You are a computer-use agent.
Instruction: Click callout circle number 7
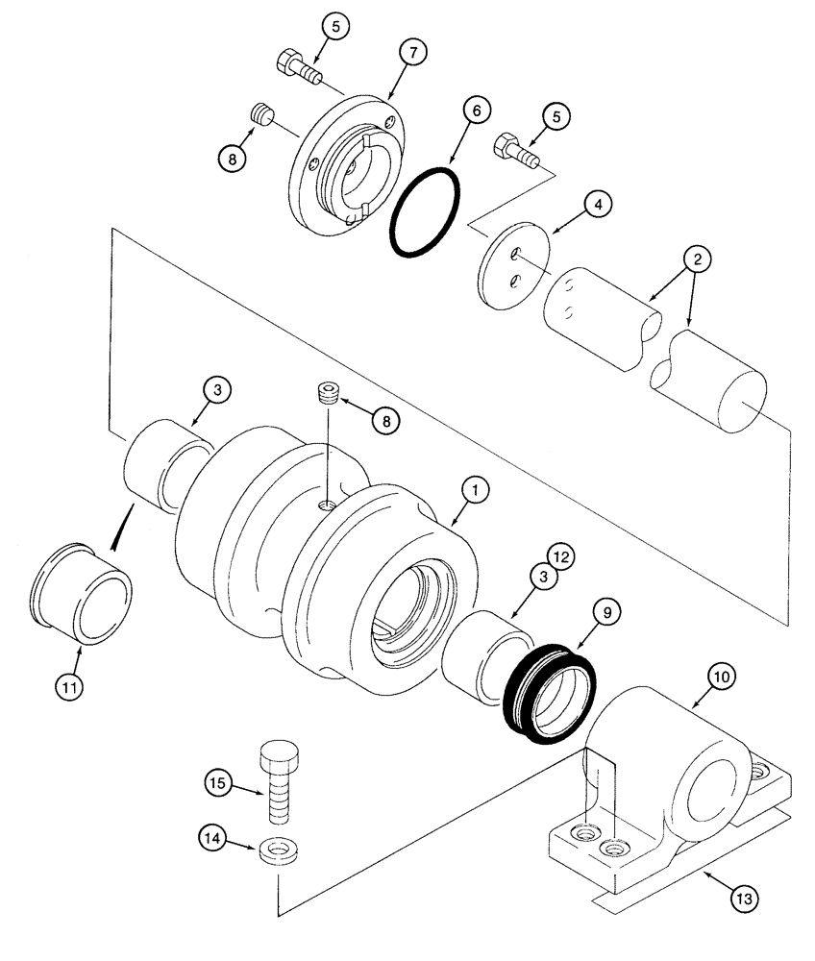410,54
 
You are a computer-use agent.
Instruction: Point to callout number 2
698,259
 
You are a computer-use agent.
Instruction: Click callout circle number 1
472,490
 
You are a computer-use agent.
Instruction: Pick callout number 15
218,783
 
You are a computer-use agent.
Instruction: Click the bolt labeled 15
278,783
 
